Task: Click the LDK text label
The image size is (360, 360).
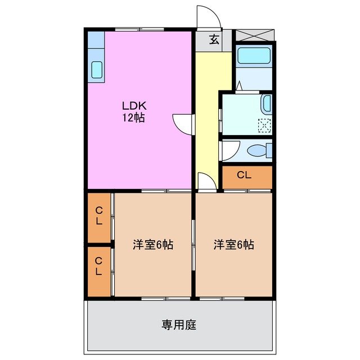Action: click(134, 105)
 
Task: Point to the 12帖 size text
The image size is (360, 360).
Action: click(134, 118)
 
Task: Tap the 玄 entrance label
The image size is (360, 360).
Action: click(214, 39)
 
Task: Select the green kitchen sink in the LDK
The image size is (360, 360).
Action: click(96, 70)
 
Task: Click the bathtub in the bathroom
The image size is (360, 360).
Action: click(254, 56)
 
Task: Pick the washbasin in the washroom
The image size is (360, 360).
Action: click(267, 105)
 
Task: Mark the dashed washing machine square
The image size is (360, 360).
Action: click(264, 125)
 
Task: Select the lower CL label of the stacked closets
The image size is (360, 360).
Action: click(98, 267)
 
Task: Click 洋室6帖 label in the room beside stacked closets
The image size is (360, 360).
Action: click(153, 245)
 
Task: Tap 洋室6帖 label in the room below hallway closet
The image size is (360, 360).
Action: click(233, 245)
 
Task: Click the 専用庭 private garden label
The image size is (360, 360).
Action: click(179, 325)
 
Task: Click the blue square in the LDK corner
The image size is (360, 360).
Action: click(96, 40)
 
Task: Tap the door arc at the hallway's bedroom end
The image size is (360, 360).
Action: click(206, 181)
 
